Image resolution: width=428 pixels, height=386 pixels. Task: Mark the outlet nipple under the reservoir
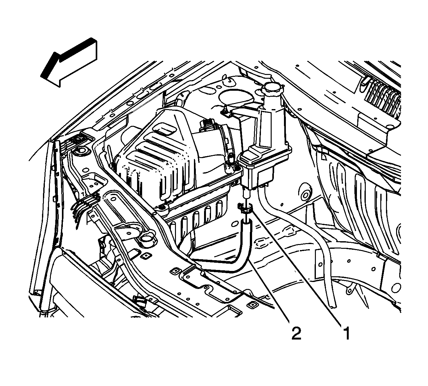pos(246,192)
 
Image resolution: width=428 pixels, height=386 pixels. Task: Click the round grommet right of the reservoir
pos(305,195)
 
